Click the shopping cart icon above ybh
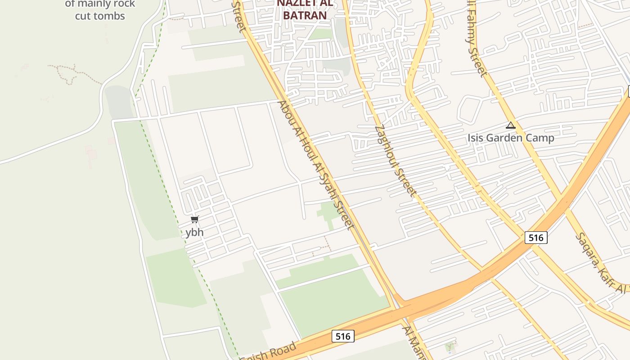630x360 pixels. tap(194, 220)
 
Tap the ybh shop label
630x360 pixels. tap(194, 233)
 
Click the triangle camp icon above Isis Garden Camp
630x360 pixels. tap(510, 125)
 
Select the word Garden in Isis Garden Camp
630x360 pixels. tap(510, 138)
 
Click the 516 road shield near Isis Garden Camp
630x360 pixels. tap(535, 238)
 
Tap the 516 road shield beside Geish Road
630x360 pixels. tap(343, 336)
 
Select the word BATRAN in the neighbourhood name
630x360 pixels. tap(305, 15)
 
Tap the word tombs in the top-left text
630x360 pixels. tap(107, 16)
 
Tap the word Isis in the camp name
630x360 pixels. tap(477, 138)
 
